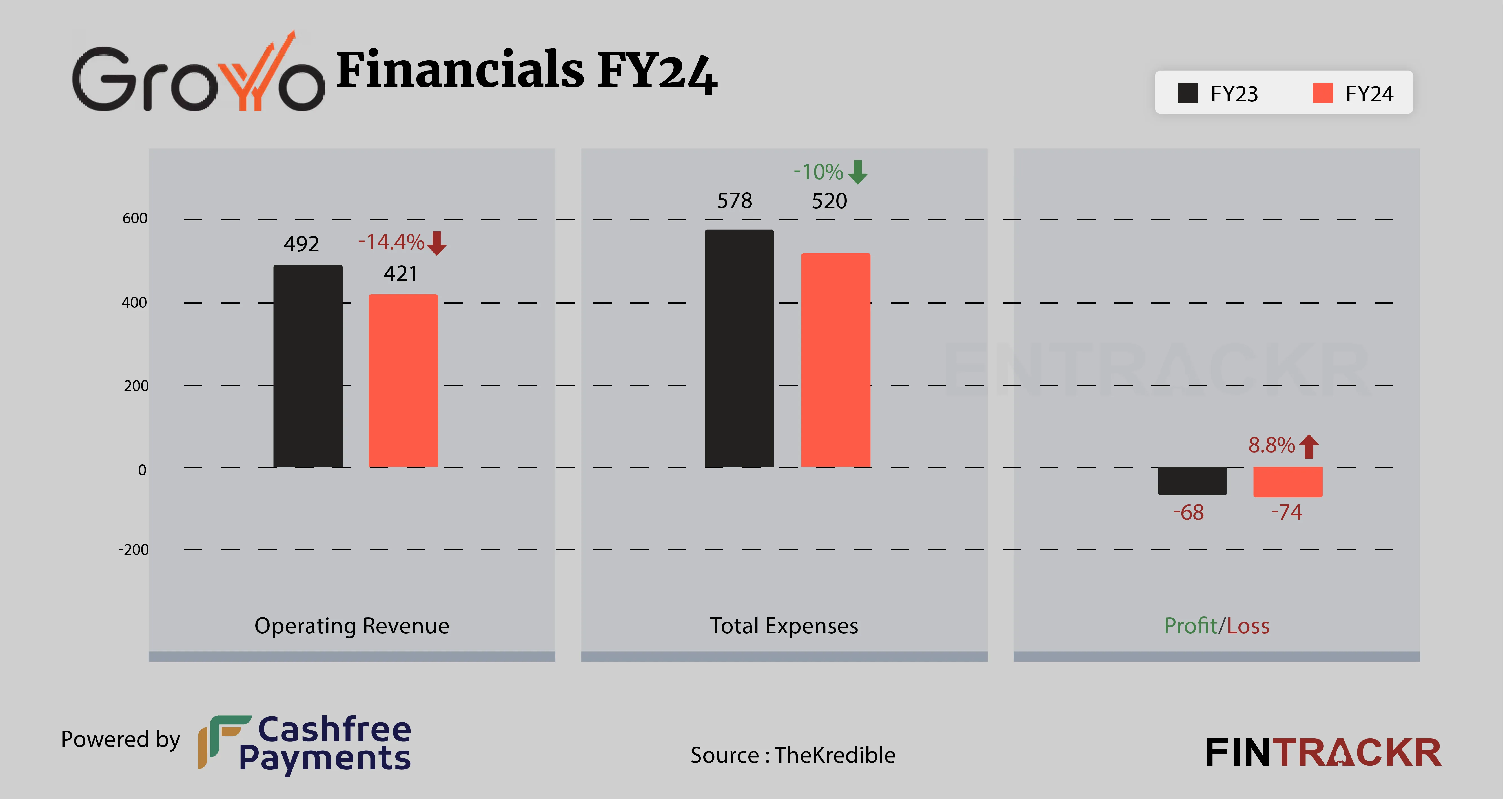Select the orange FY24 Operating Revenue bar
[403, 380]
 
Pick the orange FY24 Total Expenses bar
[835, 360]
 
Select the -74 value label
[1287, 512]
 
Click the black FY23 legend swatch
[1187, 93]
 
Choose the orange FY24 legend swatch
[1322, 93]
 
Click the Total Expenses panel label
[784, 626]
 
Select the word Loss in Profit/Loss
[1248, 626]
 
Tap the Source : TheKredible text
[792, 755]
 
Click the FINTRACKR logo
[1323, 753]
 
